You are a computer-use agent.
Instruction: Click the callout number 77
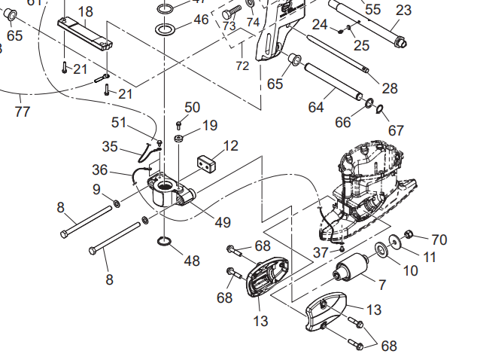tap(22, 112)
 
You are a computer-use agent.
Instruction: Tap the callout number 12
tap(230, 145)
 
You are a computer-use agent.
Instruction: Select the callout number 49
tap(222, 222)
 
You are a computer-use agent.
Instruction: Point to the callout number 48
tap(192, 261)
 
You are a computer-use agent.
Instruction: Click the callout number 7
tap(382, 285)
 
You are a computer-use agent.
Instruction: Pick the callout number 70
tap(439, 240)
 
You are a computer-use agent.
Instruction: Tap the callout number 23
tap(403, 11)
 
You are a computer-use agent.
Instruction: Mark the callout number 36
tap(100, 169)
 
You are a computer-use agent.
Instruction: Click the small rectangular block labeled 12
tap(207, 161)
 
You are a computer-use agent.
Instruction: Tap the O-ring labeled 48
tap(165, 242)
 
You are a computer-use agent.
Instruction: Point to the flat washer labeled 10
tap(392, 247)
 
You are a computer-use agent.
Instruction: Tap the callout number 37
tap(321, 252)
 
